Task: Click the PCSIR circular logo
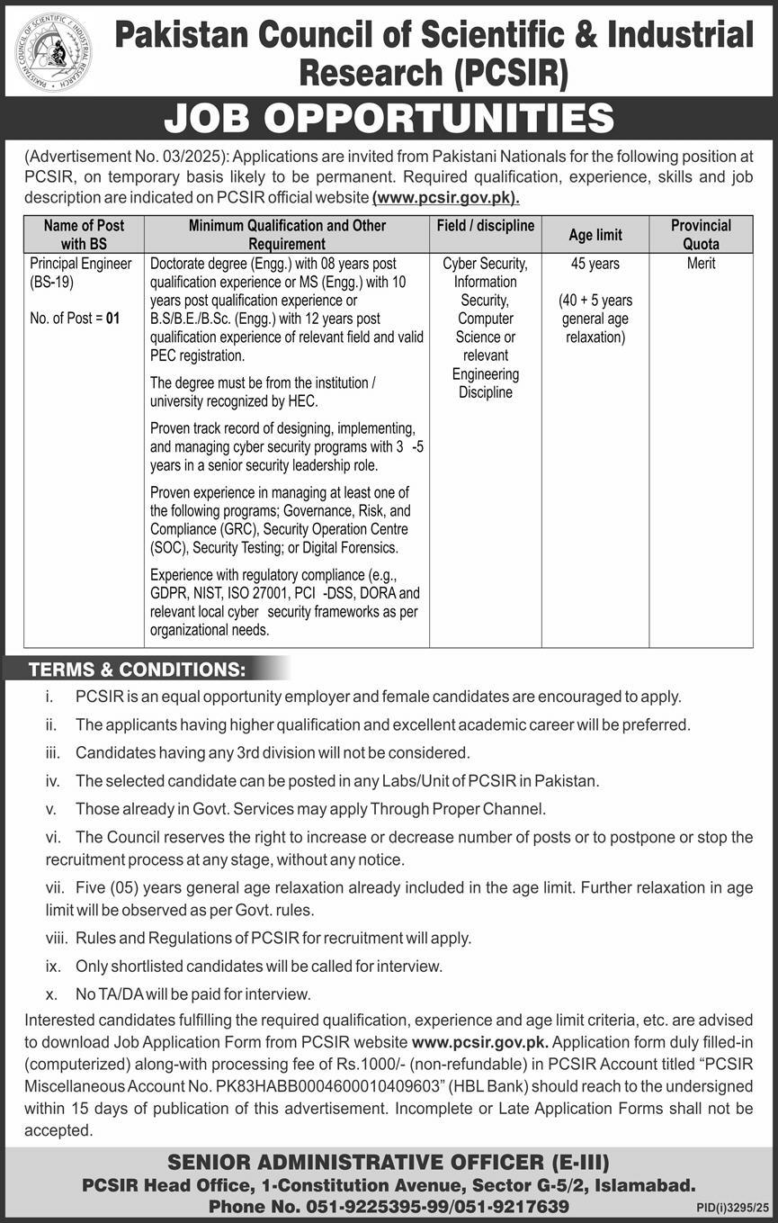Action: [53, 51]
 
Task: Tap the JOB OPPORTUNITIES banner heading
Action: [389, 118]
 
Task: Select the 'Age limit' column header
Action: [595, 235]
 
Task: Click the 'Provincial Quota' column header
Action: [701, 234]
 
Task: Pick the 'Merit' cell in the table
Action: [701, 264]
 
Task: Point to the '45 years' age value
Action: [595, 264]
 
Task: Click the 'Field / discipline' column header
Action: [485, 226]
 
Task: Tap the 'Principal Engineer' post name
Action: [80, 264]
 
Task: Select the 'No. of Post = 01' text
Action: [74, 318]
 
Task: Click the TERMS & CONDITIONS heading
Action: [137, 670]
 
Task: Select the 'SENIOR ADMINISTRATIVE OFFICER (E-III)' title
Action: [389, 1162]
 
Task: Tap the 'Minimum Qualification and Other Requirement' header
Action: [287, 234]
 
